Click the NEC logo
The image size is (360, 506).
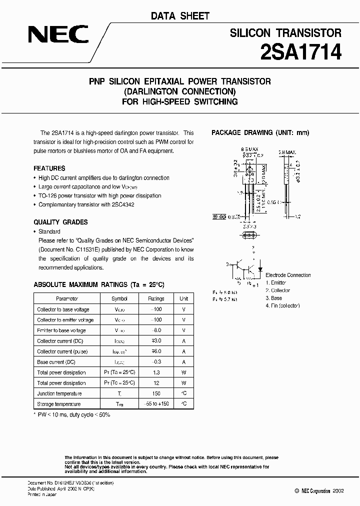(x=58, y=34)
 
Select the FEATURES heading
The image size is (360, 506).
(x=49, y=168)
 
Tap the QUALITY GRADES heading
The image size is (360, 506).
(x=60, y=222)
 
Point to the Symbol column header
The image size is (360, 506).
(x=119, y=298)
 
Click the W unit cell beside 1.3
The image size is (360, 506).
(x=184, y=372)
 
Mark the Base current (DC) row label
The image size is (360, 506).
(x=56, y=362)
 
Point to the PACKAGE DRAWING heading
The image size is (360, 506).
(x=260, y=133)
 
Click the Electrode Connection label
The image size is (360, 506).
(x=287, y=275)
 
